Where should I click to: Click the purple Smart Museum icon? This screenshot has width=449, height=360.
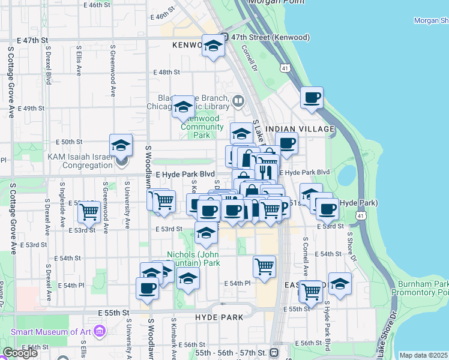tap(100, 331)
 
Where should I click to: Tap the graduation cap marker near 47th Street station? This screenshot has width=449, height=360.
tap(212, 46)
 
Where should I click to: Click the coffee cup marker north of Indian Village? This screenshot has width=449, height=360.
tap(311, 97)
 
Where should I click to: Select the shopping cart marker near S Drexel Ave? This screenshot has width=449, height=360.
tap(89, 211)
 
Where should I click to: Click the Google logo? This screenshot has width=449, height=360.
tap(20, 353)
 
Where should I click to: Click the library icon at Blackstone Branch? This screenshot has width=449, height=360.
tap(238, 100)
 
